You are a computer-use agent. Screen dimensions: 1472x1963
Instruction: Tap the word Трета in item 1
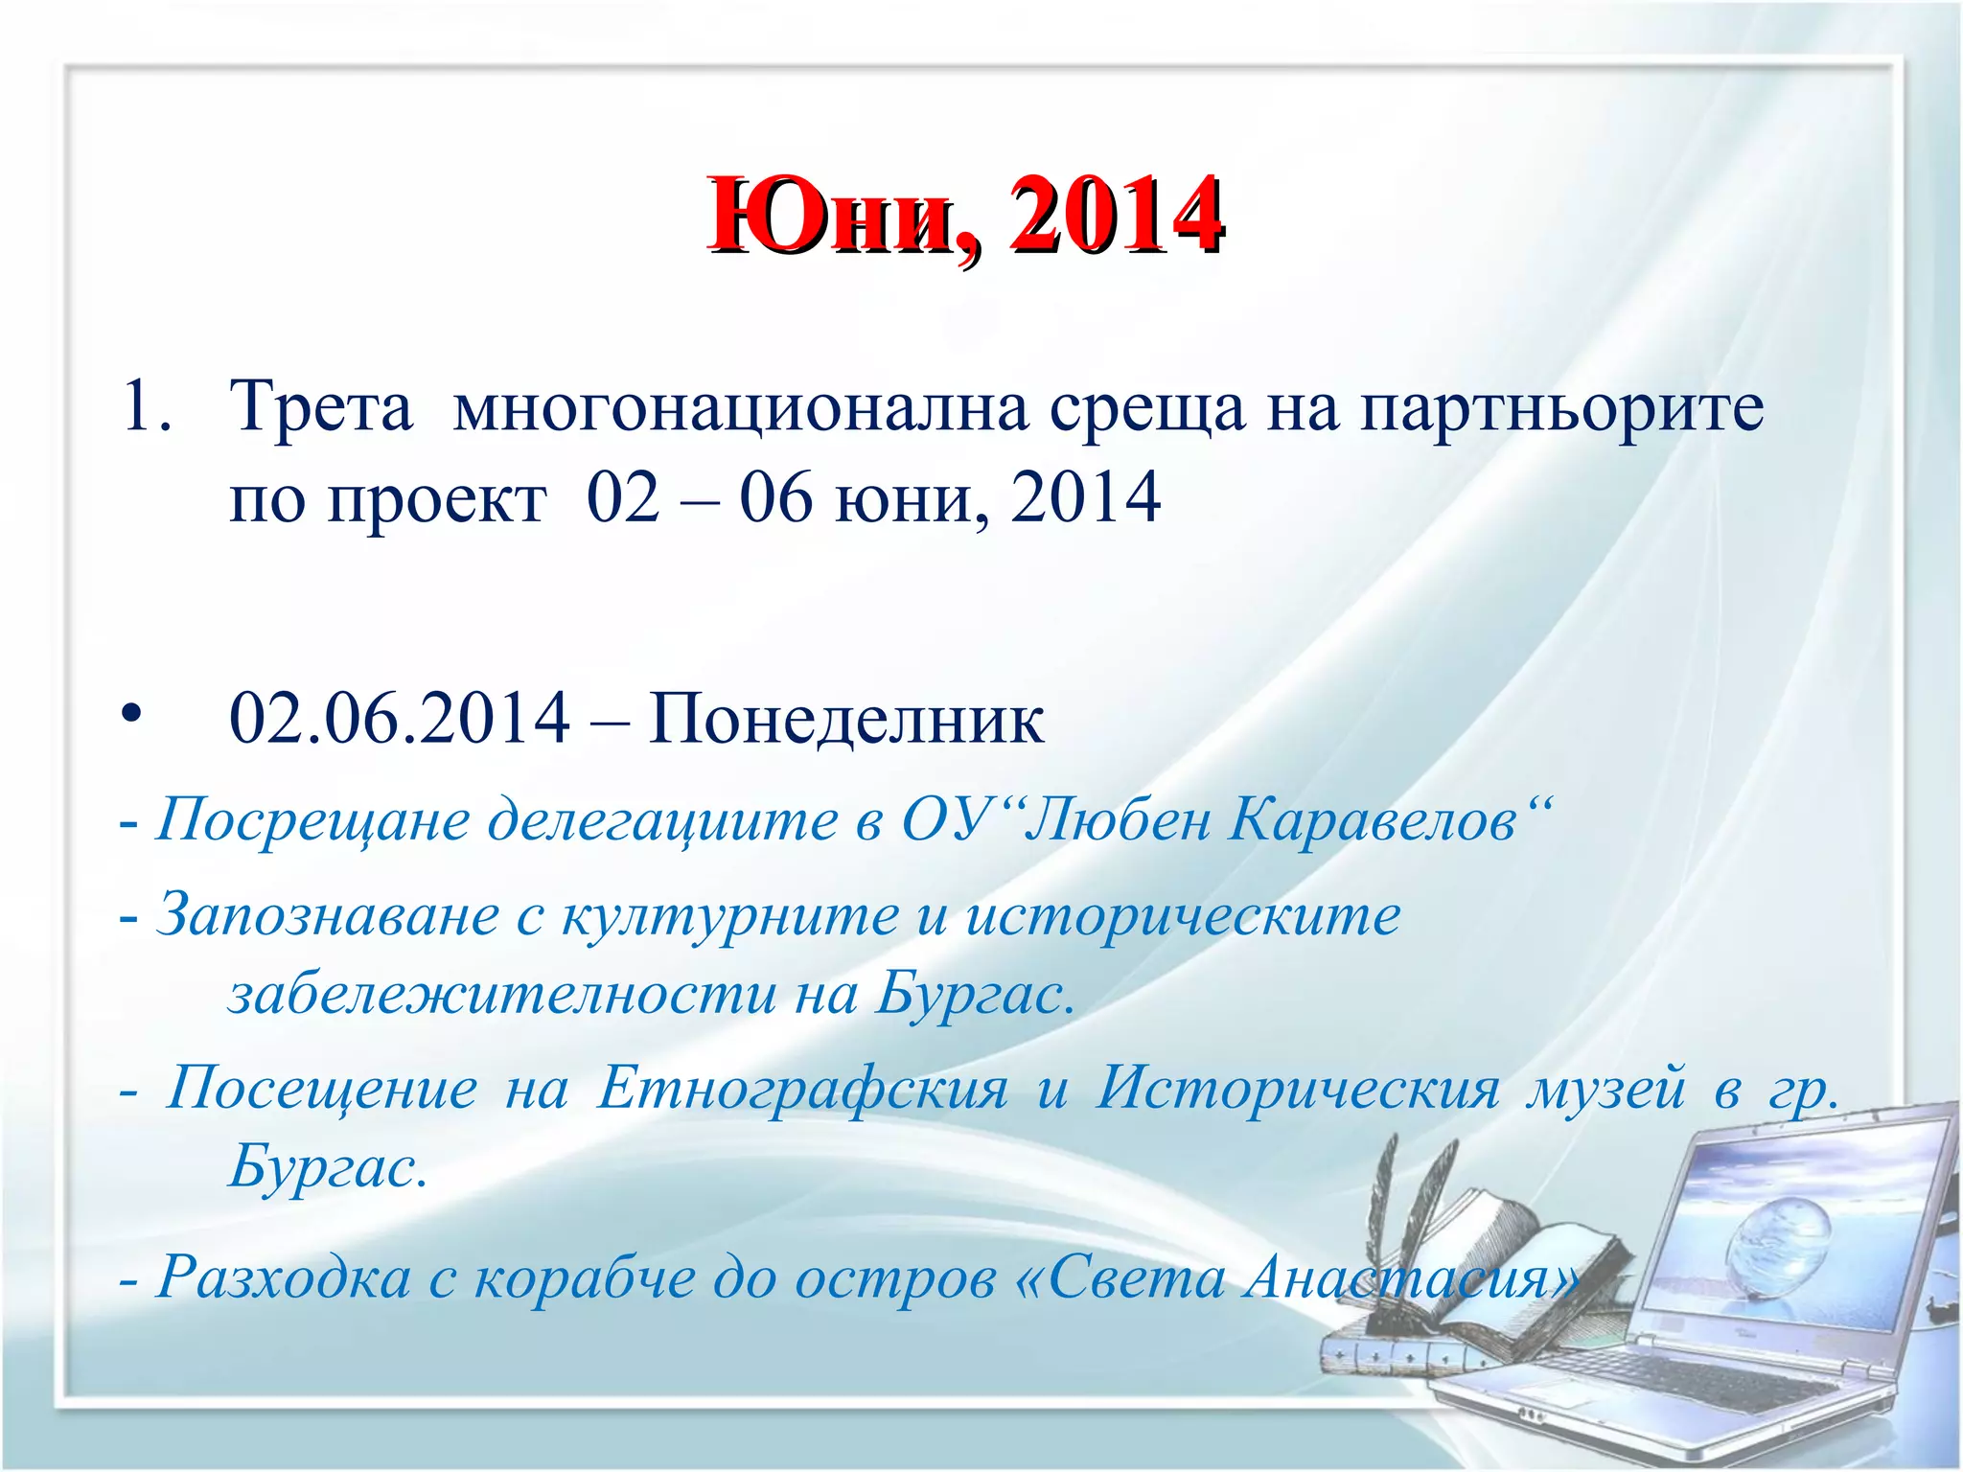click(321, 407)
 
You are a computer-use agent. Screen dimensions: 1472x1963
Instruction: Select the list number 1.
click(144, 407)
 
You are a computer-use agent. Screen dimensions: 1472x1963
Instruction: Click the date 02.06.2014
click(400, 719)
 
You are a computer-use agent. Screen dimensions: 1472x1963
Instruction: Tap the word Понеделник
click(845, 719)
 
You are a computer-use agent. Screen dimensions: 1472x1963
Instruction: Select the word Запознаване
click(327, 915)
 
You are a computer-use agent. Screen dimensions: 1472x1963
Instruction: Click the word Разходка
click(284, 1277)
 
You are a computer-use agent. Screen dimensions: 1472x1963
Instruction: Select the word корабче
click(585, 1277)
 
